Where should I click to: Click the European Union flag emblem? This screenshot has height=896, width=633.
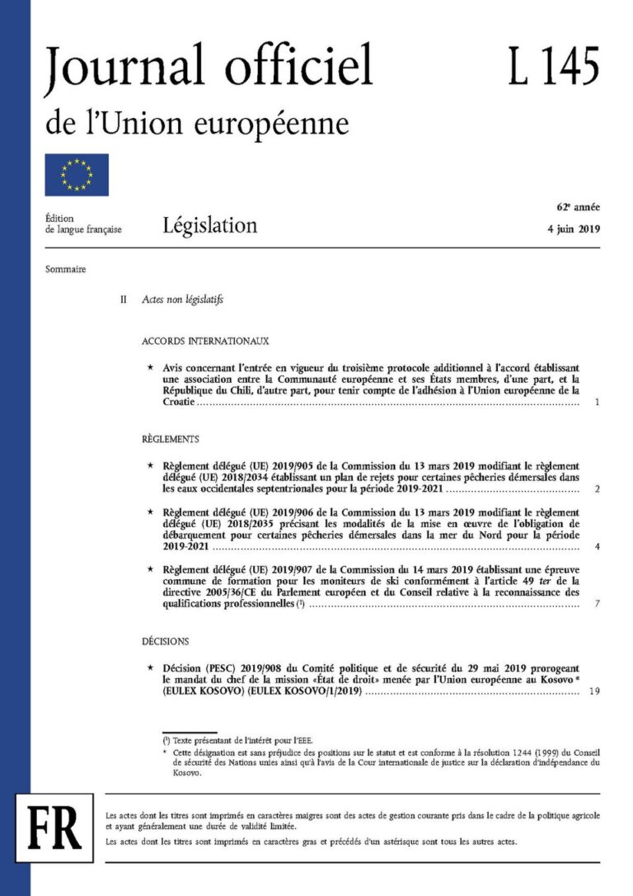(76, 175)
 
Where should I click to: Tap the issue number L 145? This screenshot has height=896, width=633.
(553, 65)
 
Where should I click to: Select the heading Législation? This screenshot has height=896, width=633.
(209, 224)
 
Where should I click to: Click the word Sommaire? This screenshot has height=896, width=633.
(68, 269)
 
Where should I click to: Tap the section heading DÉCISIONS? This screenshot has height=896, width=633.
(165, 640)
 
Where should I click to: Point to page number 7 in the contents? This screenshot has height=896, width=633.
(597, 605)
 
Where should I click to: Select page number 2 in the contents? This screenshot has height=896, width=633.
(597, 489)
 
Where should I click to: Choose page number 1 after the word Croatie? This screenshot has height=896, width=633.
(597, 403)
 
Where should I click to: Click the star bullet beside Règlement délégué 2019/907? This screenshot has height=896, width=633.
(149, 569)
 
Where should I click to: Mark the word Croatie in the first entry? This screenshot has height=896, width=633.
(178, 403)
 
